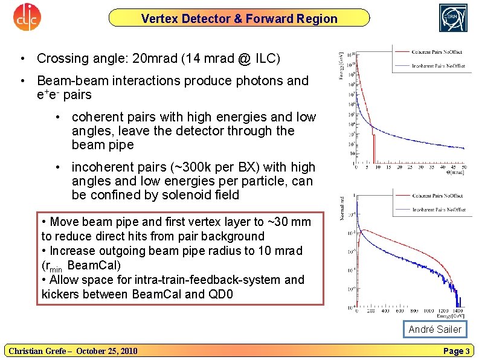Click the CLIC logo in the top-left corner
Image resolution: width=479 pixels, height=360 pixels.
click(x=26, y=18)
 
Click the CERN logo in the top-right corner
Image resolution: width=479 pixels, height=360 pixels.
click(x=453, y=18)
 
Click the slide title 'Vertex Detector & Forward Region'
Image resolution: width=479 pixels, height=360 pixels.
click(x=239, y=19)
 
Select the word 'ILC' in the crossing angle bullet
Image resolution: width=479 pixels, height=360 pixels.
click(x=267, y=59)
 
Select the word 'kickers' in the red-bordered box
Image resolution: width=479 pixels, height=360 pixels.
click(x=62, y=294)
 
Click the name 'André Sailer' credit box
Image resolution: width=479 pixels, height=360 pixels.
click(x=434, y=329)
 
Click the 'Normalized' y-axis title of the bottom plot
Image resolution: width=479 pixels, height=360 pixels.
click(x=342, y=208)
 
